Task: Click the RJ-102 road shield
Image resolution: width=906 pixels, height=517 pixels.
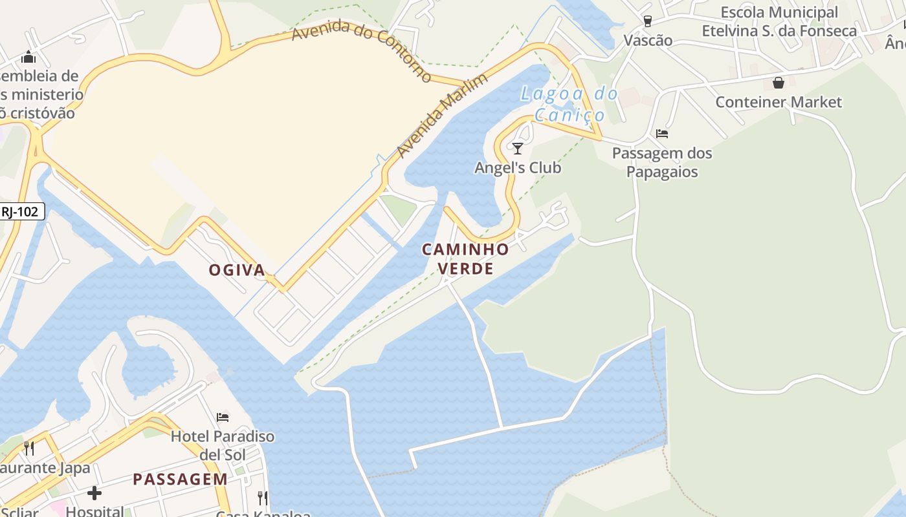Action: click(21, 211)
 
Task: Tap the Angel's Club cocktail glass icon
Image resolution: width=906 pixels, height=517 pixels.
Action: click(517, 149)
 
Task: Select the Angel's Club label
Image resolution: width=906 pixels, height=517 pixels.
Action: click(518, 168)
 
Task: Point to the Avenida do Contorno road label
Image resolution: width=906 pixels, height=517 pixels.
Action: click(361, 50)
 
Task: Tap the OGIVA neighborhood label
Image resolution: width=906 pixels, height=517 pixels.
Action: click(237, 270)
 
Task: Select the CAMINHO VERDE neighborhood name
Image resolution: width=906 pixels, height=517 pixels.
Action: click(466, 258)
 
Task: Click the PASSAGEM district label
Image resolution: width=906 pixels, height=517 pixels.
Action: click(180, 479)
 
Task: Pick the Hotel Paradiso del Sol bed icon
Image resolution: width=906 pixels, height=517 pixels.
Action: click(223, 417)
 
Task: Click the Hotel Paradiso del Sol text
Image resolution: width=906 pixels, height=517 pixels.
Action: click(223, 445)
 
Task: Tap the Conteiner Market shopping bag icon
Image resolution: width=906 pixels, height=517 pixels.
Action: click(778, 83)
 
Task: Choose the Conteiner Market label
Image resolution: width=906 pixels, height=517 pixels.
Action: click(779, 102)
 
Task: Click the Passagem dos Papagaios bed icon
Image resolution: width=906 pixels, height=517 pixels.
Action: click(661, 134)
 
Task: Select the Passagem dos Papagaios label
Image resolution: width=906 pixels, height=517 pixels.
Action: click(662, 162)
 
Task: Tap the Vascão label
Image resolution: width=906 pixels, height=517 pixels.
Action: click(648, 40)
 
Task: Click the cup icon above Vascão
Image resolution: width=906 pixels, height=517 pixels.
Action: click(647, 21)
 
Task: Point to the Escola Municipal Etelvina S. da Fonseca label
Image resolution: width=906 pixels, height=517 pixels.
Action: click(779, 21)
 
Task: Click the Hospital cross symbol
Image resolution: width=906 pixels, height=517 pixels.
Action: click(94, 493)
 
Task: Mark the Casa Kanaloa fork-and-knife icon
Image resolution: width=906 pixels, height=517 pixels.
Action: click(262, 498)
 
